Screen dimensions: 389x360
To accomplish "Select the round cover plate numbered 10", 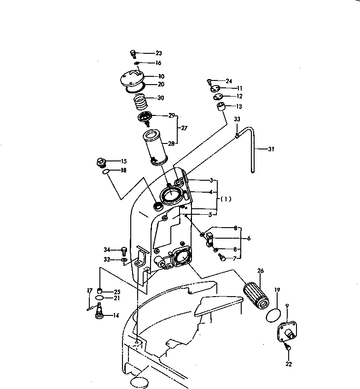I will (131, 79).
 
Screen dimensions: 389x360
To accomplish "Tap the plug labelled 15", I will (99, 162).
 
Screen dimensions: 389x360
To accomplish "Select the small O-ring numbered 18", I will (106, 172).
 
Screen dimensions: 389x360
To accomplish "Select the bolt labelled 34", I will (123, 250).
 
